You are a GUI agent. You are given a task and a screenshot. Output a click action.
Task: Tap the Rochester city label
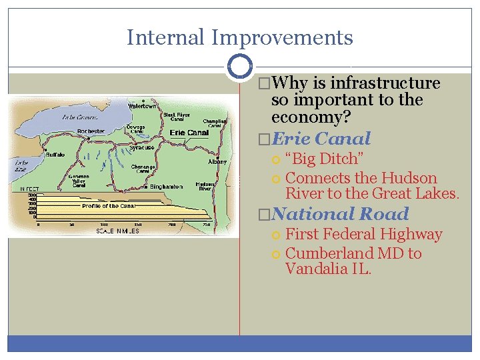tap(91, 131)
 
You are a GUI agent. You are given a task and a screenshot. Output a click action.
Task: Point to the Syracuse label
tap(142, 147)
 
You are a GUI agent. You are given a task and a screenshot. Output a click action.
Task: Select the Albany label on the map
tap(217, 162)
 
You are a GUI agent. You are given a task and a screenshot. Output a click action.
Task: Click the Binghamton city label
tap(166, 187)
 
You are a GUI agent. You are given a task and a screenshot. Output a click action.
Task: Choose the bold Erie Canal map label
tap(189, 133)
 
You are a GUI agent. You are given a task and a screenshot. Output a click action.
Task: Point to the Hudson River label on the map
tap(204, 187)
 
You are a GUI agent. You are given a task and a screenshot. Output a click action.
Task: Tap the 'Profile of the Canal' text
tap(109, 206)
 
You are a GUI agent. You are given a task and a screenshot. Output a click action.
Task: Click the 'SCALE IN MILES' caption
tap(118, 231)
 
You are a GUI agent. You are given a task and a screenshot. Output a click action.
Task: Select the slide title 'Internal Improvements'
tap(239, 37)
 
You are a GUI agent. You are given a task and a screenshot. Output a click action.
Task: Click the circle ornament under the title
tap(239, 67)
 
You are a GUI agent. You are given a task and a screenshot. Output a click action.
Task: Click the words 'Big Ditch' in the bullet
tap(324, 159)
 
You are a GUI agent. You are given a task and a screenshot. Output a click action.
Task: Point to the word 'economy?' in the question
tap(311, 117)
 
